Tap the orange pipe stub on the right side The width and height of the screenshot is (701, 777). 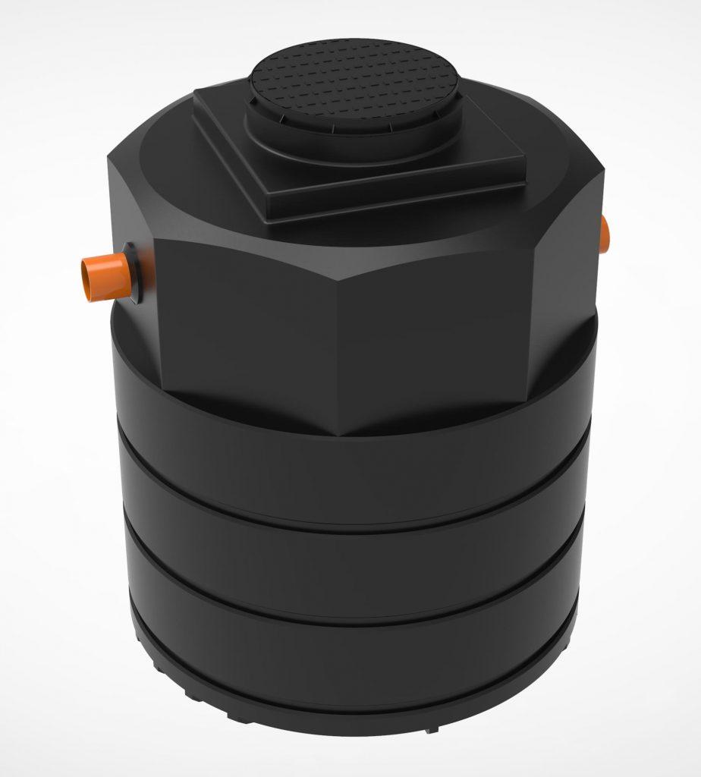(605, 235)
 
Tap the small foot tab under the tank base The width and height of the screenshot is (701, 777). (431, 730)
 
